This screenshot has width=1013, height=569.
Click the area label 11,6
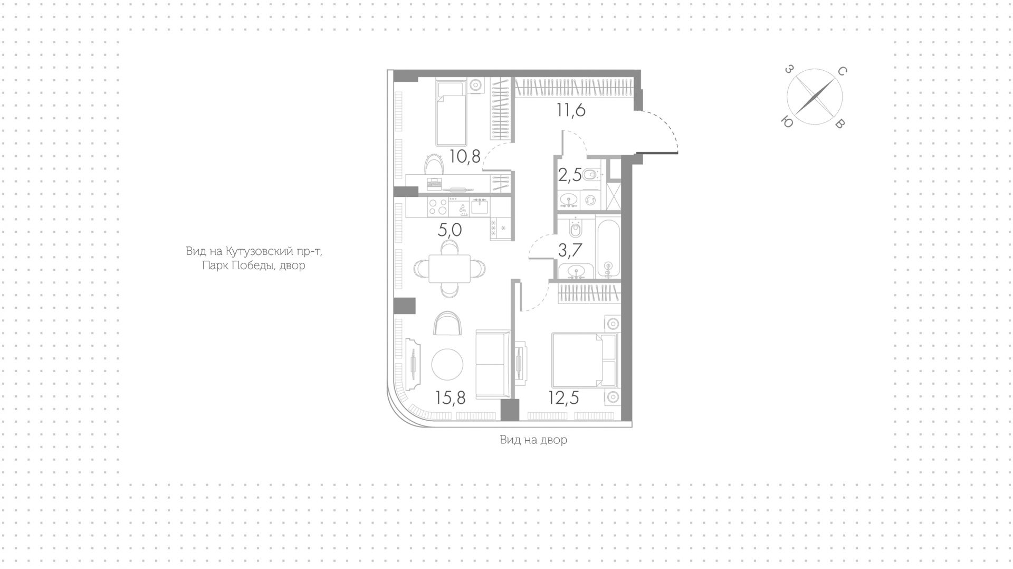tap(571, 110)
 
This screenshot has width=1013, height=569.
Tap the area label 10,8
tap(465, 156)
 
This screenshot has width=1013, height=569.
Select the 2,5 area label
tap(570, 175)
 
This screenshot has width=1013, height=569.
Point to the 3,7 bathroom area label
tap(570, 250)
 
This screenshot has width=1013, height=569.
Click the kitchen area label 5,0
tap(450, 230)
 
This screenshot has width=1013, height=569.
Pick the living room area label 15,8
tap(451, 397)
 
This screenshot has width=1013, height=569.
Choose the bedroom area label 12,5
tap(563, 397)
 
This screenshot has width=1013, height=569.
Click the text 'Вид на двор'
tap(533, 440)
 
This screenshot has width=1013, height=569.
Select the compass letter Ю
tap(787, 122)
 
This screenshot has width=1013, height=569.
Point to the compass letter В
tap(841, 124)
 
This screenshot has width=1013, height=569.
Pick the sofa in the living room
tap(493, 364)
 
